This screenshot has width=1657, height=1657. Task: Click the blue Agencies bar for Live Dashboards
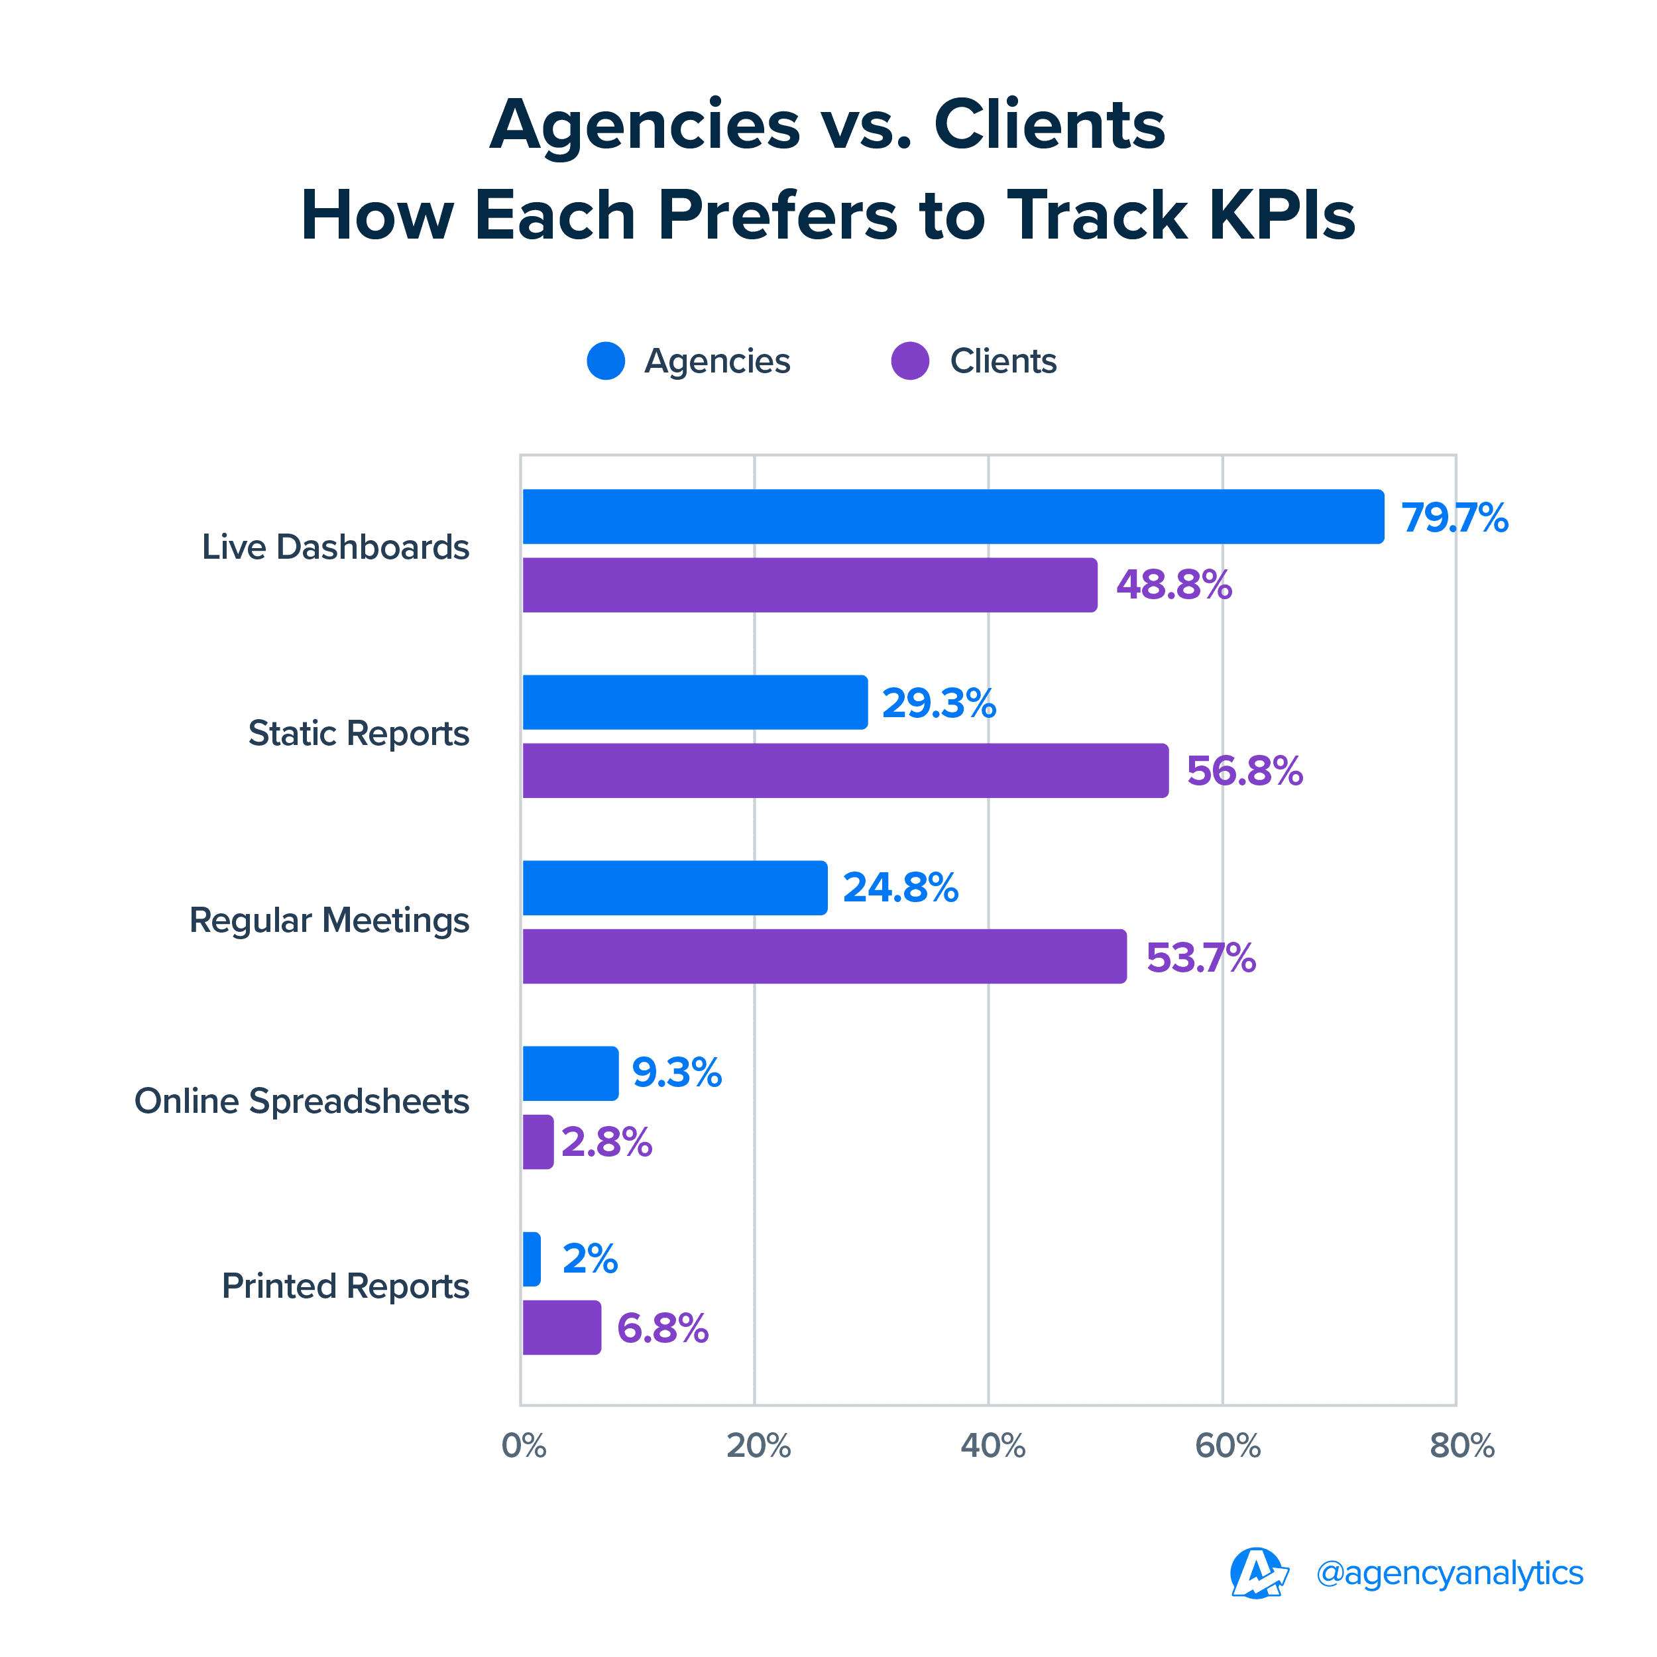(x=952, y=516)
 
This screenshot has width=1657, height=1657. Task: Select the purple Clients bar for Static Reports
(x=845, y=770)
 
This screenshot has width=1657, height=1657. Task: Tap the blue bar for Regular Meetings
(x=675, y=887)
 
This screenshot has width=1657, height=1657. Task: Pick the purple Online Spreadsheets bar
(x=538, y=1141)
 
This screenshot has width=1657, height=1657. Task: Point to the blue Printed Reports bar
(x=532, y=1259)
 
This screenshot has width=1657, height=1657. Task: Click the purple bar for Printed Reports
(x=562, y=1328)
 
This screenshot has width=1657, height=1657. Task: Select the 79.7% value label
(x=1454, y=518)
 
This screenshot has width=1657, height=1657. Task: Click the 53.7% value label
(x=1201, y=958)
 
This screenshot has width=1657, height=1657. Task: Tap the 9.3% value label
(x=677, y=1073)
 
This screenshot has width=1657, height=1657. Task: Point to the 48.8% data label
(x=1173, y=585)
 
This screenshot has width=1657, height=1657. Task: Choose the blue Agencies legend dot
(x=606, y=361)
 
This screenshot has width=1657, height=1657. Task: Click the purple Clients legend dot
(x=910, y=361)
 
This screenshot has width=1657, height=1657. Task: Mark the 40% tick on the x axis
(x=992, y=1446)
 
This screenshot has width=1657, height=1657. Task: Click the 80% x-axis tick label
(x=1461, y=1446)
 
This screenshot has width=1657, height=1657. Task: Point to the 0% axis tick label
(x=523, y=1446)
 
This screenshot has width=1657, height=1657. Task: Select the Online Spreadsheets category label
(x=302, y=1101)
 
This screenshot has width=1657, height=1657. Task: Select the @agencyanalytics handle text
(x=1449, y=1573)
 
